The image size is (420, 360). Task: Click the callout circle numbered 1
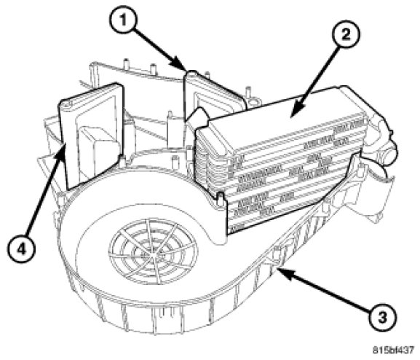tap(123, 20)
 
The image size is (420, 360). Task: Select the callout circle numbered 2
tap(346, 35)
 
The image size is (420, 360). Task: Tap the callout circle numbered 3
tap(382, 318)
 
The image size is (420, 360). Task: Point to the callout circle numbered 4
tap(21, 250)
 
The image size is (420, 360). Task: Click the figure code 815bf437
tap(394, 350)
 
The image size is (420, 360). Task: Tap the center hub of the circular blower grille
tap(153, 255)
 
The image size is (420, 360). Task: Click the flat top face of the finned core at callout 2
tap(279, 114)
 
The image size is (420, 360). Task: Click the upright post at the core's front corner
tap(220, 200)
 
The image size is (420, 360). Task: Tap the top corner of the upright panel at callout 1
tap(191, 72)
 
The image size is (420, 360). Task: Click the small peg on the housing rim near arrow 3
tap(276, 252)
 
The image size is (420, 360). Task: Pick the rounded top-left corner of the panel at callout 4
tap(64, 103)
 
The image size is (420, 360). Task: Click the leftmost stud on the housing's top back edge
tap(126, 63)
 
